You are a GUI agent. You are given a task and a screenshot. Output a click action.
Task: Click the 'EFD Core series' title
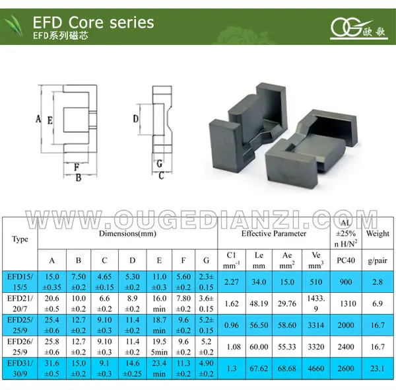[x=93, y=22]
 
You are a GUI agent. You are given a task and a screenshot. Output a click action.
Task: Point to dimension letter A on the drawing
[x=39, y=119]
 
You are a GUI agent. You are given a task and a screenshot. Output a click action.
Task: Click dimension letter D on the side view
[x=135, y=119]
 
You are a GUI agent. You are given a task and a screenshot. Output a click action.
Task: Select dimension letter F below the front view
[x=77, y=166]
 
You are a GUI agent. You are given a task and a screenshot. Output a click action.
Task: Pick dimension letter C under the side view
[x=160, y=175]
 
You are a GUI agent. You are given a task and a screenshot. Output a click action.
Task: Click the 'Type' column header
[x=20, y=239]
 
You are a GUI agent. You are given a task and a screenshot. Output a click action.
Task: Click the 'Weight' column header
[x=378, y=234]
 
